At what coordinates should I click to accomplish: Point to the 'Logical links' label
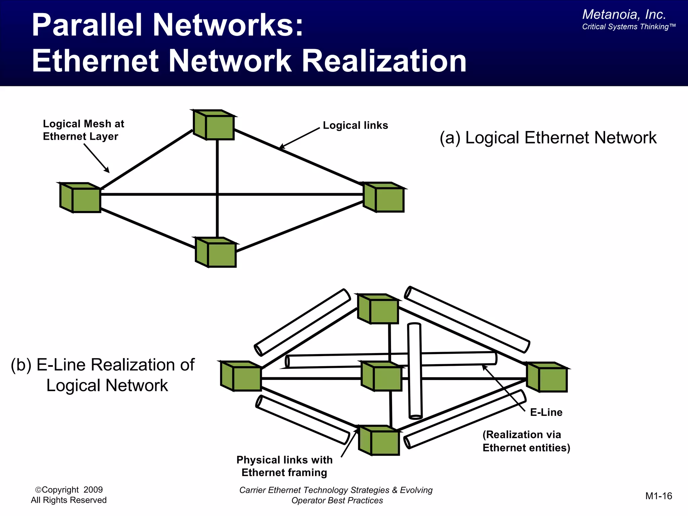[355, 125]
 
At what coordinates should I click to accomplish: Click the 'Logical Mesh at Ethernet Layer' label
[83, 130]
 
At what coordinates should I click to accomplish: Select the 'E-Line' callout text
[546, 412]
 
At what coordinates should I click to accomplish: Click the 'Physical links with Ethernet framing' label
[284, 466]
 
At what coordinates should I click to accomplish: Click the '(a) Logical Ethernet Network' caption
[548, 138]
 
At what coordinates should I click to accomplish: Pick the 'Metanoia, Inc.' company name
[624, 14]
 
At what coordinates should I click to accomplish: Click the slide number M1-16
[658, 496]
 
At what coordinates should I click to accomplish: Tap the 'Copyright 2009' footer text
[69, 490]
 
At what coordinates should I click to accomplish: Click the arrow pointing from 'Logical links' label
[299, 138]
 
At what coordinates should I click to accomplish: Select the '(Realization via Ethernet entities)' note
[526, 441]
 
